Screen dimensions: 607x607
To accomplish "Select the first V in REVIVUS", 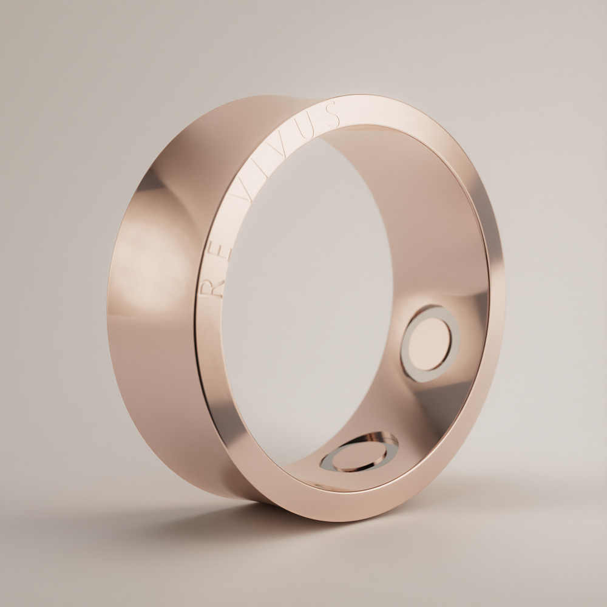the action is coord(241,198).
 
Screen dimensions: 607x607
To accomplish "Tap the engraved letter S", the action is coord(332,114).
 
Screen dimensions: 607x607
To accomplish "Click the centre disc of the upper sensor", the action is coord(429,344).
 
